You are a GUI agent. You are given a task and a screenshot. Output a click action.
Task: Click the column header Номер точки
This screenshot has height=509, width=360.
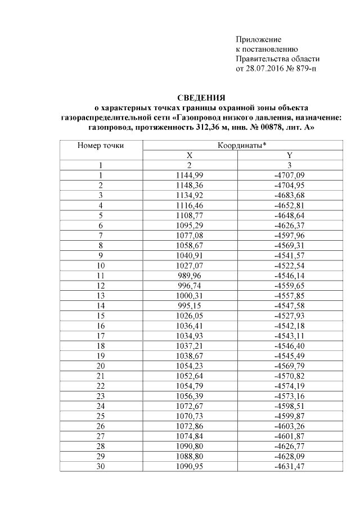(x=101, y=145)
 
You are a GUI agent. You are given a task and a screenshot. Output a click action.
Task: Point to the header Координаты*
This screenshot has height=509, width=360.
(x=242, y=145)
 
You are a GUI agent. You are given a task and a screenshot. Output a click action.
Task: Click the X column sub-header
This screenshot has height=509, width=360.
(x=189, y=155)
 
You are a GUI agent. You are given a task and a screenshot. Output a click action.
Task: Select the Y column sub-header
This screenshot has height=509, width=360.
(x=289, y=155)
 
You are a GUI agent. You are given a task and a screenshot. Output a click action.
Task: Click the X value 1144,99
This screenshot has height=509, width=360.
(x=189, y=175)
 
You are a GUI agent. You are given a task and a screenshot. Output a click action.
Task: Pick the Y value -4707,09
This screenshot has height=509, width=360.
(x=289, y=175)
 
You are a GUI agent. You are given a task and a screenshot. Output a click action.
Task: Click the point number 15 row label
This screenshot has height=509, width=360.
(x=101, y=317)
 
